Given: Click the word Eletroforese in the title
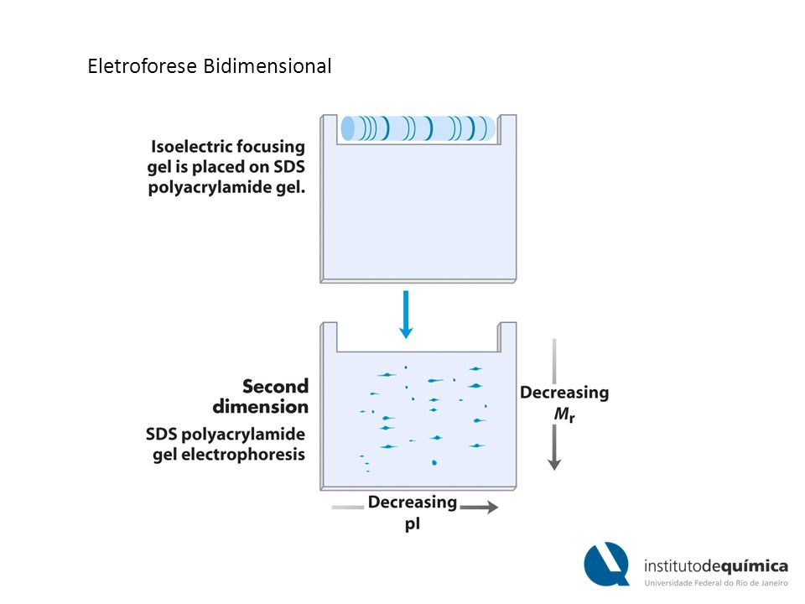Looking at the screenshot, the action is click(143, 66).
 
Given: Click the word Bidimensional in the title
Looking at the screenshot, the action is click(267, 66).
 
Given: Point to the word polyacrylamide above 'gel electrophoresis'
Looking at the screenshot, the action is click(243, 435).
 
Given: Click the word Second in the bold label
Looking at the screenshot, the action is click(275, 386).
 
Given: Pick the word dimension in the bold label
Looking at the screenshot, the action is click(261, 407).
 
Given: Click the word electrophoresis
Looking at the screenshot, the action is click(243, 455).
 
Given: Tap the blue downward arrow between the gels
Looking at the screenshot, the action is click(406, 315).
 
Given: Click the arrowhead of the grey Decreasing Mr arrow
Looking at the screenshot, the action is click(554, 464).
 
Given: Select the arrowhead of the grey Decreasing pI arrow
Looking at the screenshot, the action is click(492, 508).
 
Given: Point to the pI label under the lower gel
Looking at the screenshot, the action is click(413, 524).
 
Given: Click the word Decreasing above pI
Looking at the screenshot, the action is click(413, 502).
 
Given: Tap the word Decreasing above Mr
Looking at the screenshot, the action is click(564, 393).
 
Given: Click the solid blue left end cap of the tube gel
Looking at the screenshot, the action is click(348, 128).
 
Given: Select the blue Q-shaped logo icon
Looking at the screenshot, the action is click(607, 564).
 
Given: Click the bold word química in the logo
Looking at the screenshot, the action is click(754, 566).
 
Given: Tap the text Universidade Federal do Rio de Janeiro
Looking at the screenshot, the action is click(716, 583).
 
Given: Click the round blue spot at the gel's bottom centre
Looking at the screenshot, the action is click(434, 463).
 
